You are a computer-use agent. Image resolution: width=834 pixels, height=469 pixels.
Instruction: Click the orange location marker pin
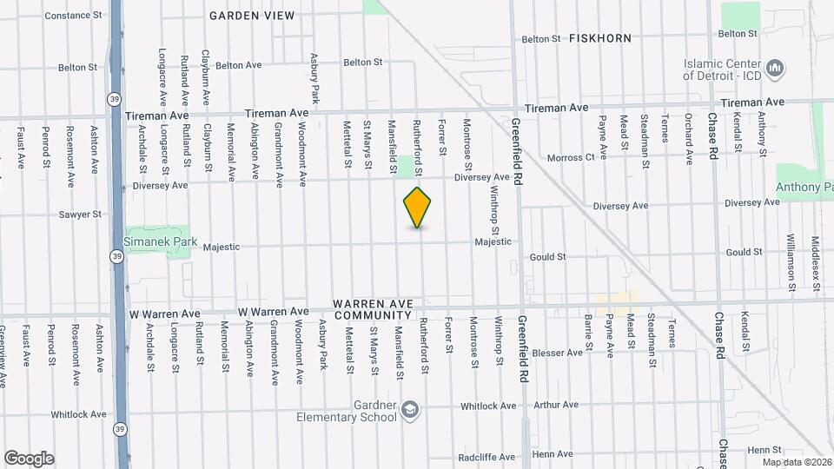(418, 208)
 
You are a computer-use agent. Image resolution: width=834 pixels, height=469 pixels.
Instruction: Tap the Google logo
(29, 459)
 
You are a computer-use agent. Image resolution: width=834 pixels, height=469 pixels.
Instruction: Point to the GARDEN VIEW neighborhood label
(252, 16)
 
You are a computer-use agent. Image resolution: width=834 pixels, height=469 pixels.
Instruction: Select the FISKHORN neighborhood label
(600, 38)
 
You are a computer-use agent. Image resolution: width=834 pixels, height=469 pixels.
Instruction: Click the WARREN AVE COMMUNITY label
(373, 310)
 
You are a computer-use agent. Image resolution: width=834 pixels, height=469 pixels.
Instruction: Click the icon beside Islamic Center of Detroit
(777, 68)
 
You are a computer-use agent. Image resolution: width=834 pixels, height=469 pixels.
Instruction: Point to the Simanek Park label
(161, 242)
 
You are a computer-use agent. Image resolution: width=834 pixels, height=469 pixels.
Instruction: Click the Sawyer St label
(80, 214)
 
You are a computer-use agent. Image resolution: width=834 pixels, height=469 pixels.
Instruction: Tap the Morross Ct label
(571, 157)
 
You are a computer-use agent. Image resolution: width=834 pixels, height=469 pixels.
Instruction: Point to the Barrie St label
(588, 333)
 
